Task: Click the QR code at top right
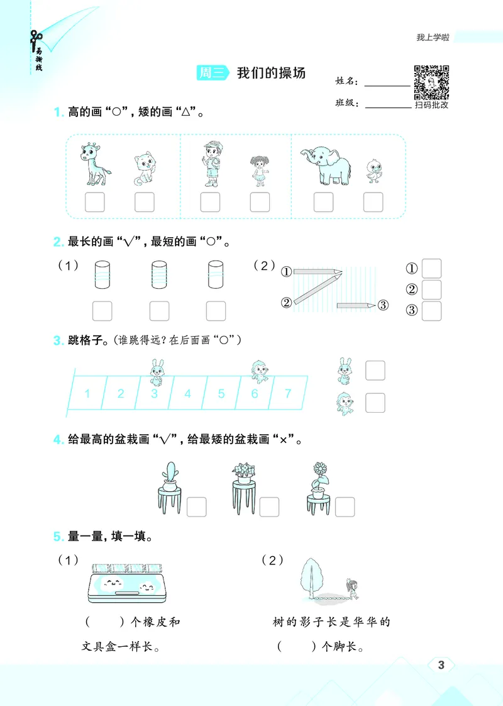[x=431, y=82]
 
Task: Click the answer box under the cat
[x=144, y=202]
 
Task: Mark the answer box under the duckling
[x=373, y=202]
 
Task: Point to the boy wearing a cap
[x=211, y=164]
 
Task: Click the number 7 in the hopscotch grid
[x=288, y=394]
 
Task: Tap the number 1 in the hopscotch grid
[x=87, y=394]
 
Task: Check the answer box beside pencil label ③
[x=432, y=311]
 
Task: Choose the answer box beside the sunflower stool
[x=345, y=507]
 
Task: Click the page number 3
[x=441, y=666]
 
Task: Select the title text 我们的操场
[x=271, y=73]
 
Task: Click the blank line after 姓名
[x=387, y=84]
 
